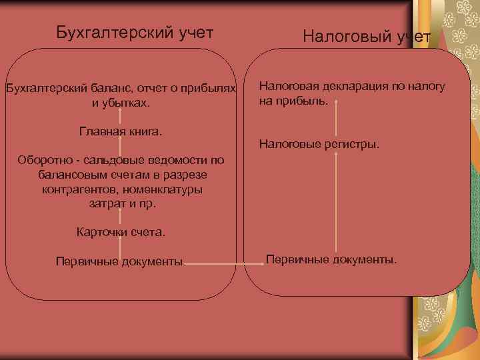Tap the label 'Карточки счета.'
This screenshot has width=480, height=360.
pyautogui.click(x=120, y=233)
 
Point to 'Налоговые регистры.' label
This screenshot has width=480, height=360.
pyautogui.click(x=319, y=143)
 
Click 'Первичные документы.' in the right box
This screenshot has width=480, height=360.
pyautogui.click(x=331, y=259)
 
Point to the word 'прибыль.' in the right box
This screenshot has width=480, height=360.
pyautogui.click(x=306, y=101)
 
